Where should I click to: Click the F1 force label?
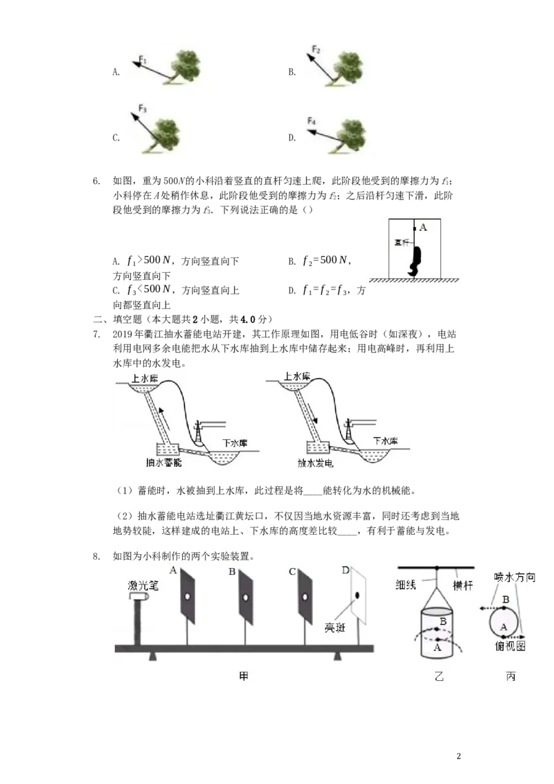(x=143, y=60)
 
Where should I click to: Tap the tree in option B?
(x=345, y=68)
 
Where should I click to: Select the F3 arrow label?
(x=143, y=108)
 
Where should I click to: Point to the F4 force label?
(x=312, y=121)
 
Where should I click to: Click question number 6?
(x=96, y=181)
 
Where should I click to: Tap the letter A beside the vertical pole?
(x=423, y=227)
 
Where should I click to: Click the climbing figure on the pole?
(x=415, y=260)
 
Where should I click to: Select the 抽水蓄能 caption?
(x=163, y=463)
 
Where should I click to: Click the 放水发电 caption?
(x=315, y=463)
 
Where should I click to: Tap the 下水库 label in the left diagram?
(x=235, y=443)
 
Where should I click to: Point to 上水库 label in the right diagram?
(x=297, y=376)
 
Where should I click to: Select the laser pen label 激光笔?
(x=143, y=585)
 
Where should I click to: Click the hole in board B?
(x=246, y=598)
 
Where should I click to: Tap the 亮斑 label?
(x=334, y=627)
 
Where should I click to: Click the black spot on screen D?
(x=358, y=595)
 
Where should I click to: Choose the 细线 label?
(x=406, y=584)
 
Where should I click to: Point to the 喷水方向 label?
(x=515, y=577)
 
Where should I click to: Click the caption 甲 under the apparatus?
(x=244, y=677)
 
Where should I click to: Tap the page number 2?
(x=459, y=756)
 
